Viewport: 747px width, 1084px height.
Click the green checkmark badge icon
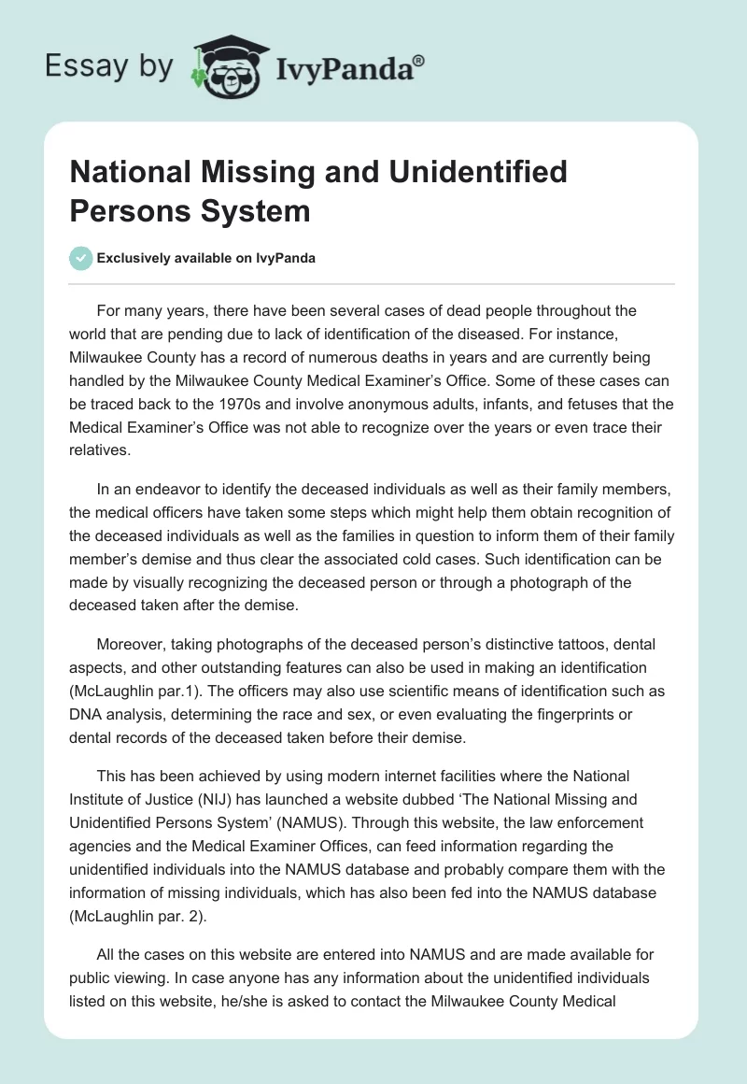81,258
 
